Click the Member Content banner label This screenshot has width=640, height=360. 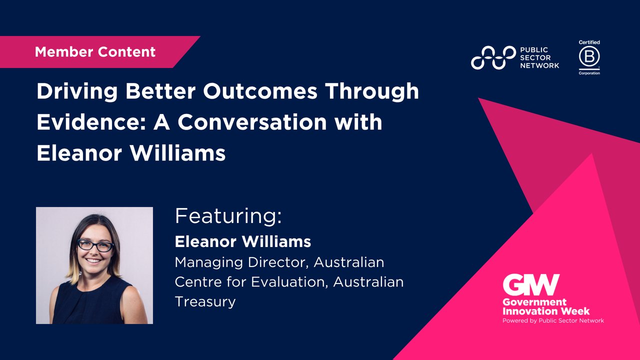tap(95, 51)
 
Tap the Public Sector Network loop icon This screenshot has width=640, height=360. tap(493, 57)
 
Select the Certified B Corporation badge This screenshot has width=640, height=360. tap(589, 57)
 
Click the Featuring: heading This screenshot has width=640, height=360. tap(228, 216)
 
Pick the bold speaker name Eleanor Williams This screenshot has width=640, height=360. tap(242, 242)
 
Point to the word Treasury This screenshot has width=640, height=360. tap(205, 301)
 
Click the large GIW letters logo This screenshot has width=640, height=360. tap(531, 285)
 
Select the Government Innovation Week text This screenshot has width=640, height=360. tap(546, 306)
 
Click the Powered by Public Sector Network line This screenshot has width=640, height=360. tap(553, 320)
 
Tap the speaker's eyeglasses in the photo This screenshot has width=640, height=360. tap(95, 246)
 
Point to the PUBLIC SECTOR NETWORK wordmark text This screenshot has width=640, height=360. tap(539, 57)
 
